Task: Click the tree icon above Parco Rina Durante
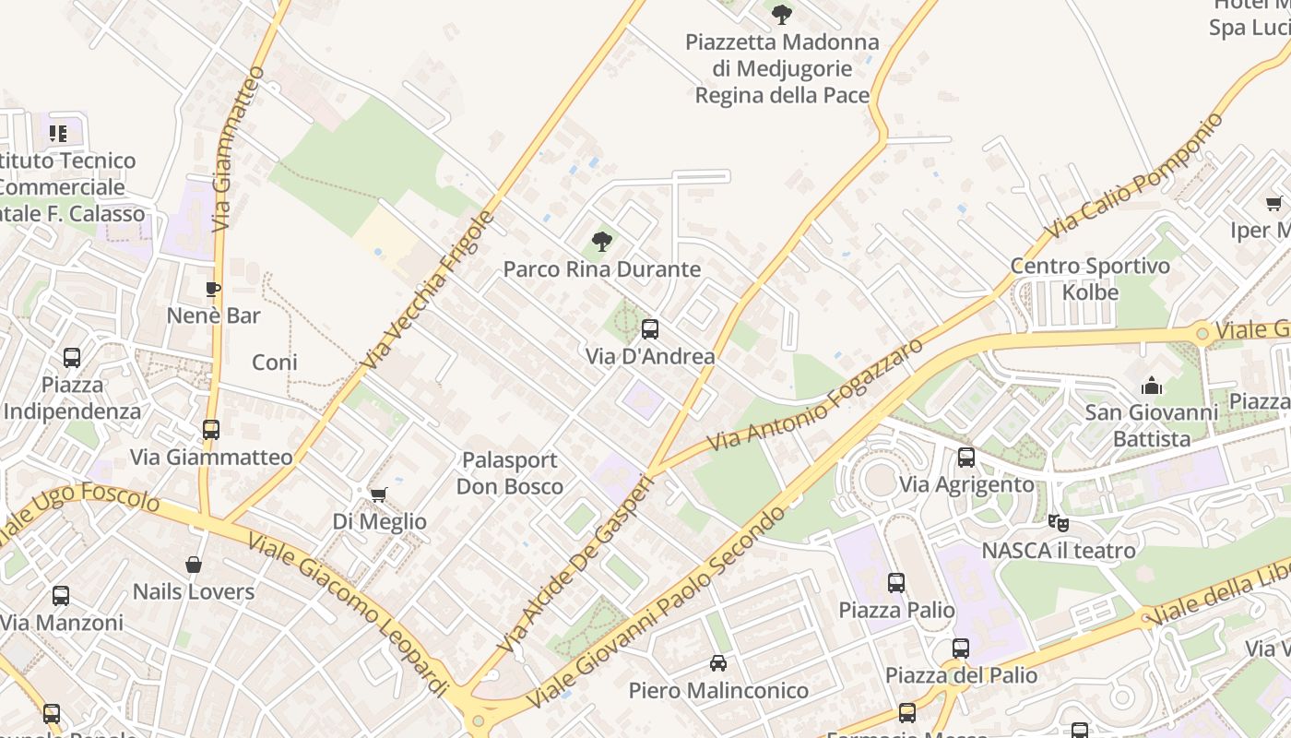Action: pyautogui.click(x=602, y=242)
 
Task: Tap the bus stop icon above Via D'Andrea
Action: pyautogui.click(x=650, y=328)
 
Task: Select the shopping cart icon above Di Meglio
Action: pyautogui.click(x=378, y=495)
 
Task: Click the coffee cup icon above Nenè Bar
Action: pyautogui.click(x=213, y=289)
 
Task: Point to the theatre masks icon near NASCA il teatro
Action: pyautogui.click(x=1058, y=523)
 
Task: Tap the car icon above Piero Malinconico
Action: pyautogui.click(x=717, y=662)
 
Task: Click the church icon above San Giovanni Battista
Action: pyautogui.click(x=1151, y=386)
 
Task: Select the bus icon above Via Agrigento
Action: pyautogui.click(x=965, y=457)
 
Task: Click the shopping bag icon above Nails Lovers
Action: pyautogui.click(x=194, y=565)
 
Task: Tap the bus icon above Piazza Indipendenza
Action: pyautogui.click(x=71, y=358)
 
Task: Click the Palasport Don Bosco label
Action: pyautogui.click(x=510, y=473)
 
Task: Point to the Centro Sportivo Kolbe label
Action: pyautogui.click(x=1090, y=280)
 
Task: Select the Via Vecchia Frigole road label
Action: pyautogui.click(x=429, y=291)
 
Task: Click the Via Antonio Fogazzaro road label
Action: pyautogui.click(x=815, y=395)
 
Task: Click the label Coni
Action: pyautogui.click(x=275, y=363)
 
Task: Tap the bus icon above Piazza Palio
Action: pyautogui.click(x=895, y=582)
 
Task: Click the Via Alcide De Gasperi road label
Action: pyautogui.click(x=574, y=564)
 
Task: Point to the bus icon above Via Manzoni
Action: pyautogui.click(x=61, y=596)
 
